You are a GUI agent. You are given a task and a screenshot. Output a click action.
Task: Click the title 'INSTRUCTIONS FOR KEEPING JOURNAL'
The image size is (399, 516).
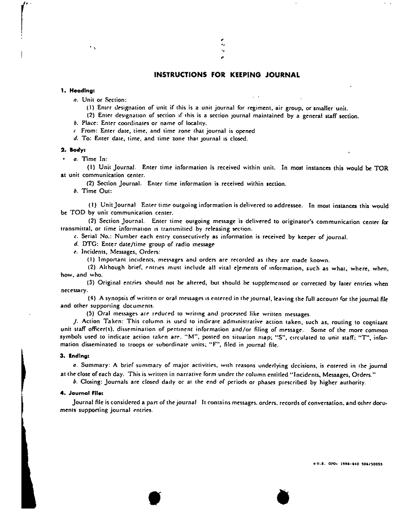point(227,74)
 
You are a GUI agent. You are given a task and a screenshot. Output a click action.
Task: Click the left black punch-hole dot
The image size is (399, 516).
point(154,498)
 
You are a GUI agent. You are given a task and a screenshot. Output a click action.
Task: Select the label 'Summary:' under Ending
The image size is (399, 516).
point(95,364)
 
